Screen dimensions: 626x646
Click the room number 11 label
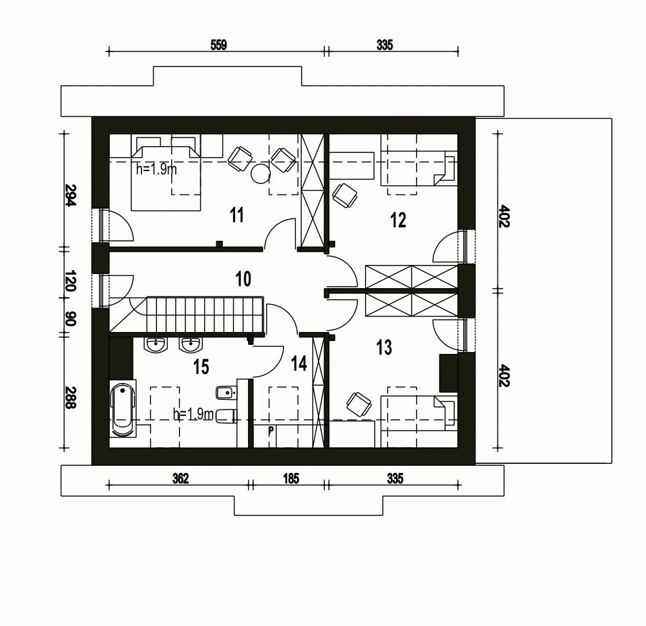click(237, 215)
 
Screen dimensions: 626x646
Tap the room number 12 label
click(398, 220)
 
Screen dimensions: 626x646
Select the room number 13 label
click(384, 348)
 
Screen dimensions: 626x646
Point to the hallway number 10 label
click(243, 279)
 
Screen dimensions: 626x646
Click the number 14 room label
click(298, 364)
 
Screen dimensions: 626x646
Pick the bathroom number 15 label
click(201, 367)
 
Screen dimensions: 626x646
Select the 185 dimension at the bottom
click(291, 479)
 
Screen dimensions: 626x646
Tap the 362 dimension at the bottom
click(180, 479)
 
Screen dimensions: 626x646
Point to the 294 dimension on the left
click(70, 195)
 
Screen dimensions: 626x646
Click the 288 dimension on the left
click(70, 398)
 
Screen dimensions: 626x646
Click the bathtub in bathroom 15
click(122, 410)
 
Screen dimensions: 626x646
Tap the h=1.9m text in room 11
click(156, 169)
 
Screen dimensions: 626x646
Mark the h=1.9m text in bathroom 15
click(193, 415)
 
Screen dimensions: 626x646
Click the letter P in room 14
click(271, 429)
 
